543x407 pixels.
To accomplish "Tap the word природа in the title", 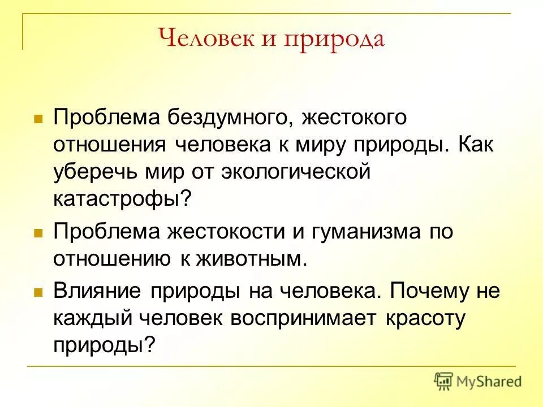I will (334, 40).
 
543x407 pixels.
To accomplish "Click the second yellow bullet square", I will (38, 233).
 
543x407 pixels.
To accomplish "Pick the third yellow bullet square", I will (38, 293).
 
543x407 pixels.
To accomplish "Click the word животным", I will (252, 259).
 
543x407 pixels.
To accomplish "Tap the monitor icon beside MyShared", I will (443, 382).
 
